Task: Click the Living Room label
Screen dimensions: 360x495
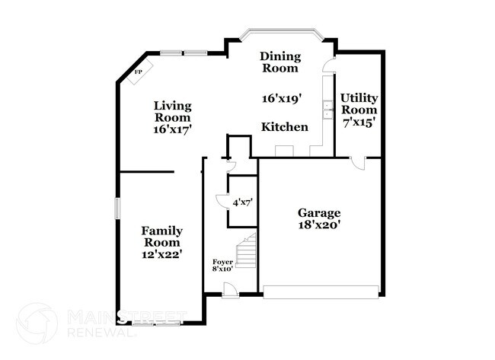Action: [172, 112]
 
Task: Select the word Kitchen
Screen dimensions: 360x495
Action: [285, 127]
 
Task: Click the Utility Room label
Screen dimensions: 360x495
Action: [358, 104]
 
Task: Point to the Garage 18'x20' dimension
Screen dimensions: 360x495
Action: [319, 225]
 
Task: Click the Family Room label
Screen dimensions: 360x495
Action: [161, 237]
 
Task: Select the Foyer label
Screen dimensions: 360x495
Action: [222, 262]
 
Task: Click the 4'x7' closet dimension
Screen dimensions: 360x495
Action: [242, 202]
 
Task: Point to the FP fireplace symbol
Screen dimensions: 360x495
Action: [140, 72]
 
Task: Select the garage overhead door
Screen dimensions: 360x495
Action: [321, 289]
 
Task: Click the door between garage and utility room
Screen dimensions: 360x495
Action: [362, 162]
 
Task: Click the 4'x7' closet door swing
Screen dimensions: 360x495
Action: [222, 200]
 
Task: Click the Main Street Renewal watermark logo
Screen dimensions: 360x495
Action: [37, 323]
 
